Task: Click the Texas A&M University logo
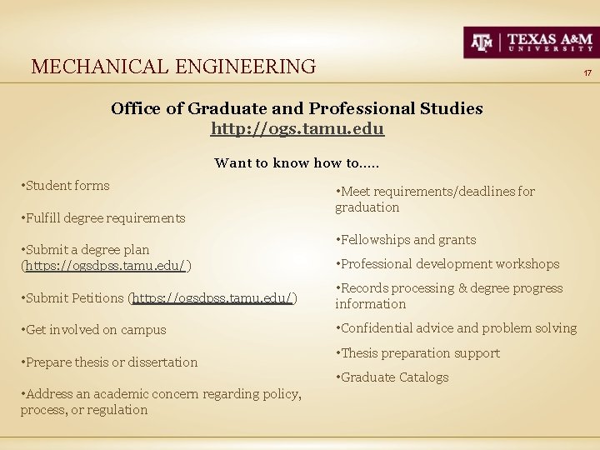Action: pos(530,42)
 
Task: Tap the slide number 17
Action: pos(587,74)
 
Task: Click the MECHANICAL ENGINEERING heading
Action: pos(173,66)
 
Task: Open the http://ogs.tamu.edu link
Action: pos(297,129)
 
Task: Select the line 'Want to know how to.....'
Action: pos(297,162)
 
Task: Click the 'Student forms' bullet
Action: pos(67,186)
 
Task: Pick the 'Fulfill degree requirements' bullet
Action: pos(105,218)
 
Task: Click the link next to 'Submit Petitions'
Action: pos(212,297)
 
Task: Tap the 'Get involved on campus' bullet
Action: pos(96,330)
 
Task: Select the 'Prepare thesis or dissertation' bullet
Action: pos(112,362)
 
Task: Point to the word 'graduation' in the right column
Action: pos(367,207)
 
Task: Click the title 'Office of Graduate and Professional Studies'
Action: pos(297,108)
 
